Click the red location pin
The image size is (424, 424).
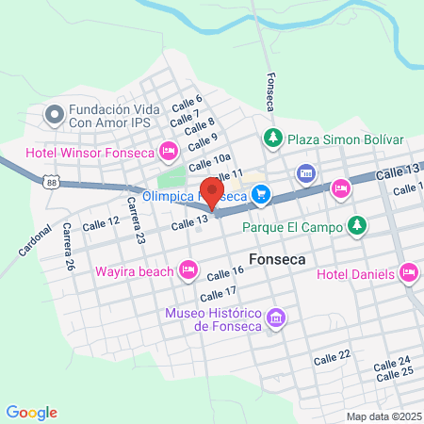[213, 191]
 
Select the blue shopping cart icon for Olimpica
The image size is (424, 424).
[262, 196]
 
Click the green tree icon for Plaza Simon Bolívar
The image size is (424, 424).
[273, 139]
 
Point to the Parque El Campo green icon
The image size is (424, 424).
[356, 226]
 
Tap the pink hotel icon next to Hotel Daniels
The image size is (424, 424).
[408, 273]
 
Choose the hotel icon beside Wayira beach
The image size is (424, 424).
[188, 271]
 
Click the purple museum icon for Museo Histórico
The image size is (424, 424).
[276, 318]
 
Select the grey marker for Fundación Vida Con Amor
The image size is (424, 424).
[54, 116]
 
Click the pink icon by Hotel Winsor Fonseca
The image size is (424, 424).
[170, 151]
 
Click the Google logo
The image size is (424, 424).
[31, 413]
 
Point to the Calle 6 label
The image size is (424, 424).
[187, 104]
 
